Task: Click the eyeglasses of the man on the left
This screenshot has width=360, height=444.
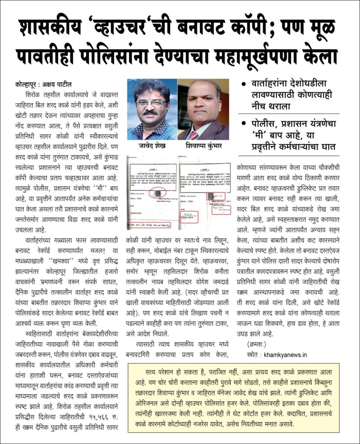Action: tap(151, 103)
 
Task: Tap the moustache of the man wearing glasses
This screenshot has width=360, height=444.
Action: tap(150, 112)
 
